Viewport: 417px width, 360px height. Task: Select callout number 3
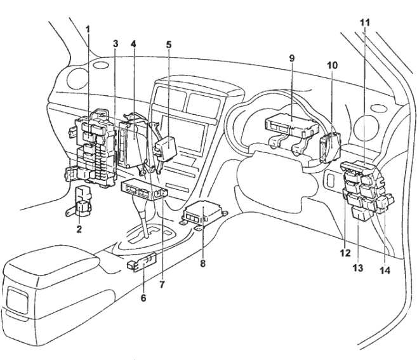[x=116, y=43]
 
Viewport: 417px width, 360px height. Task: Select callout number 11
[x=364, y=21]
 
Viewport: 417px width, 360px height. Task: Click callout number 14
[x=385, y=269]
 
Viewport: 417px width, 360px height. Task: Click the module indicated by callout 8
[x=201, y=213]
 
